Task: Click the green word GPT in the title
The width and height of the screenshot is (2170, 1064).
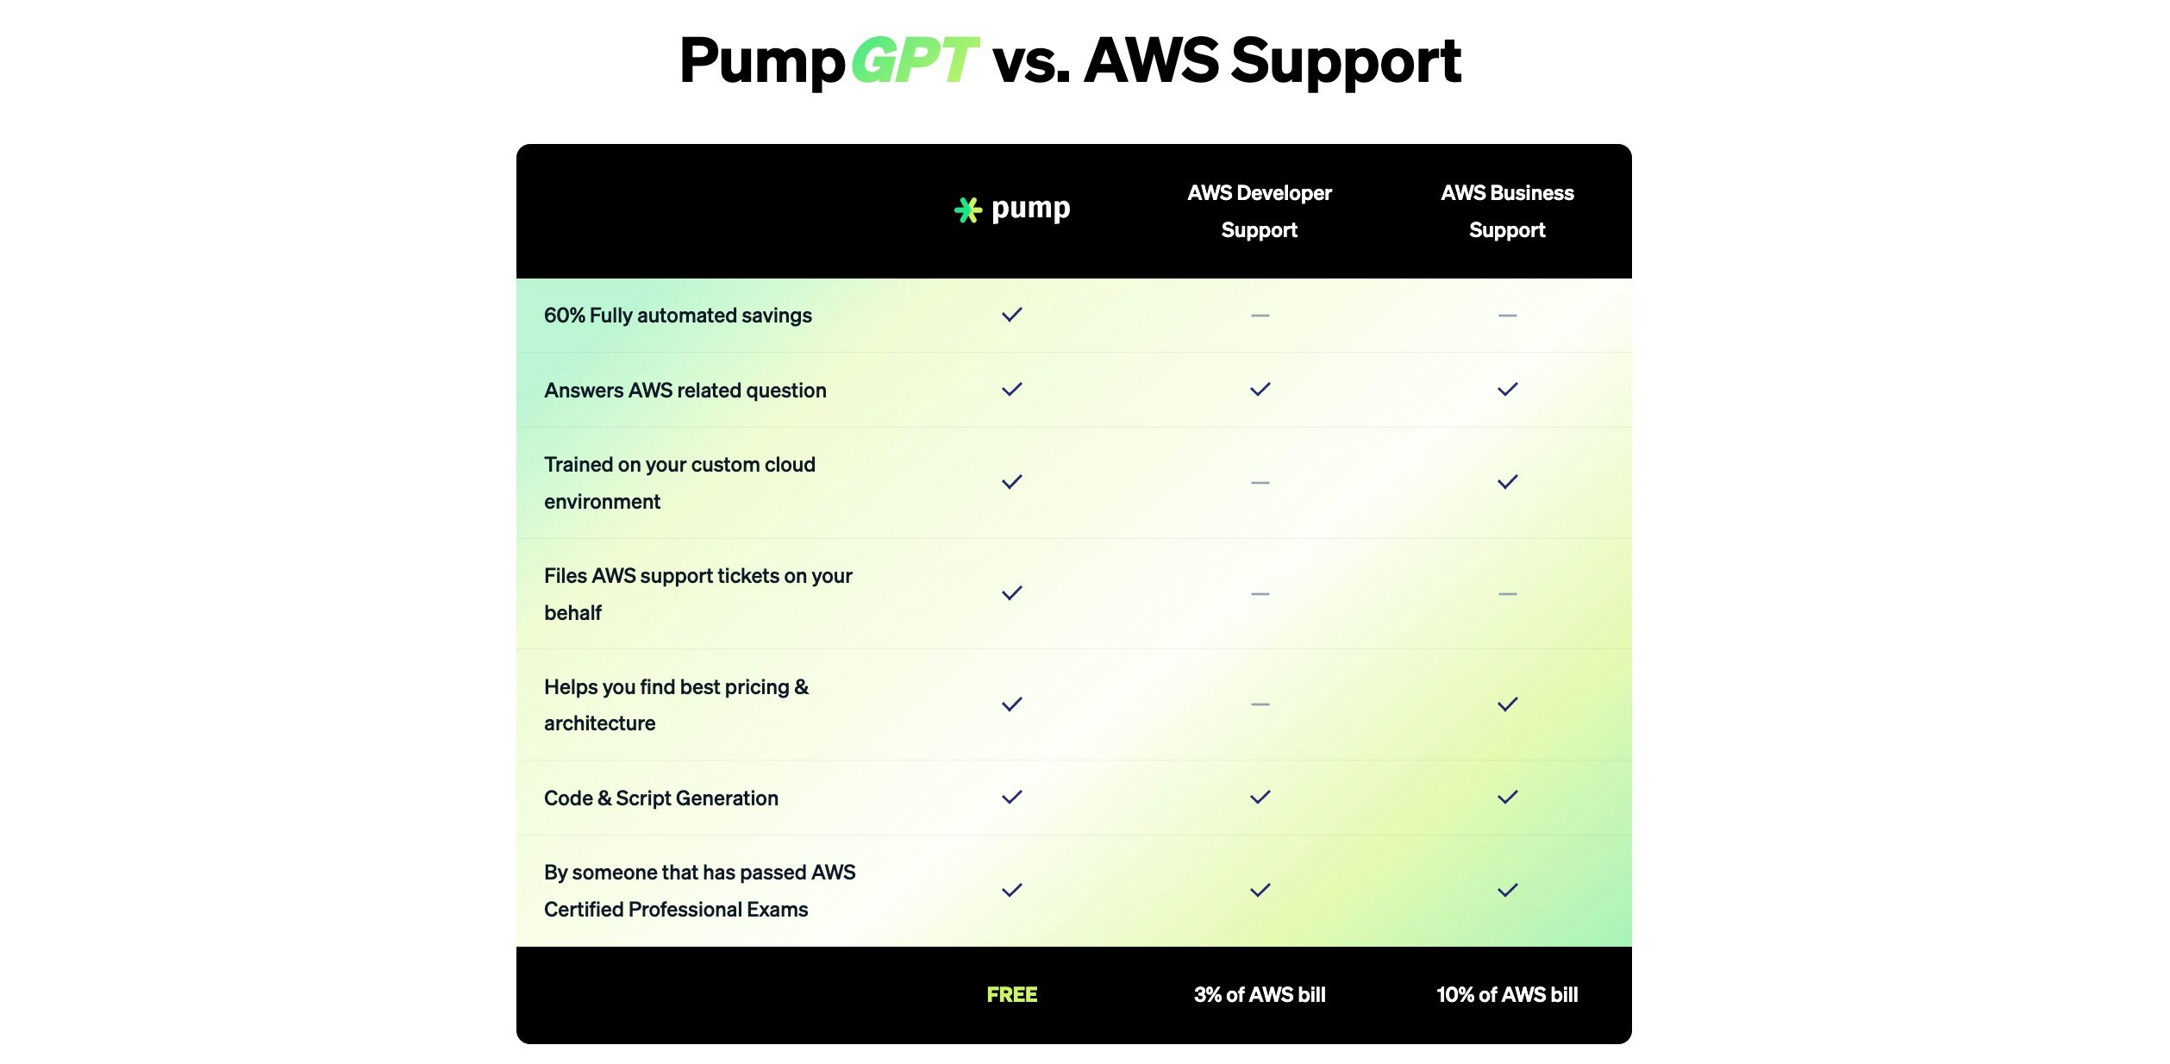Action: [914, 61]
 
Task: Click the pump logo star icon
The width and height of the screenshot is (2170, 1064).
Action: [967, 210]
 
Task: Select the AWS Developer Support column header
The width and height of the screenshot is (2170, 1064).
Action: [1259, 211]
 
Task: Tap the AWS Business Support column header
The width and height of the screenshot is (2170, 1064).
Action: [1506, 211]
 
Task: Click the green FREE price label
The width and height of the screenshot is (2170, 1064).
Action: [1011, 994]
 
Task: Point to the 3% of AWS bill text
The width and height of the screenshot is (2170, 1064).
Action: [1259, 994]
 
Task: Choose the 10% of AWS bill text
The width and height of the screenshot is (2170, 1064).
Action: [1506, 994]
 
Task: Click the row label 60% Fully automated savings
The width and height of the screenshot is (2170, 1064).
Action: [678, 316]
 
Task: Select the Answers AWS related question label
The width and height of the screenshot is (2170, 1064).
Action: [685, 391]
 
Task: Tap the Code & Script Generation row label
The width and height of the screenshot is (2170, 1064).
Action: [660, 798]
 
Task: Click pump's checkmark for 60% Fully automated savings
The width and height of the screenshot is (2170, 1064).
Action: [1011, 315]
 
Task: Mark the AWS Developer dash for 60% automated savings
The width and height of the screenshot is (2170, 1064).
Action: [1260, 316]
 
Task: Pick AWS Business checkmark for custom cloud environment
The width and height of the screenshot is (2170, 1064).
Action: [1507, 482]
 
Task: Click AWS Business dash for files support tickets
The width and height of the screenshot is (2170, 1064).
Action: [1507, 594]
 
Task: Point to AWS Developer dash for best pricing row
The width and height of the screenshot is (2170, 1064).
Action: [1260, 704]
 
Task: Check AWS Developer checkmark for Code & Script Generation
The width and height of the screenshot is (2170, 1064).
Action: [1260, 798]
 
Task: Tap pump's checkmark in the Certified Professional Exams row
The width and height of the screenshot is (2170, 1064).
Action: [1011, 890]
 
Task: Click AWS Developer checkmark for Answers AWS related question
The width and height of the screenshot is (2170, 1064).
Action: [1260, 390]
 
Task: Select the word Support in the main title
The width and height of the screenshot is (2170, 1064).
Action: [1346, 61]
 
